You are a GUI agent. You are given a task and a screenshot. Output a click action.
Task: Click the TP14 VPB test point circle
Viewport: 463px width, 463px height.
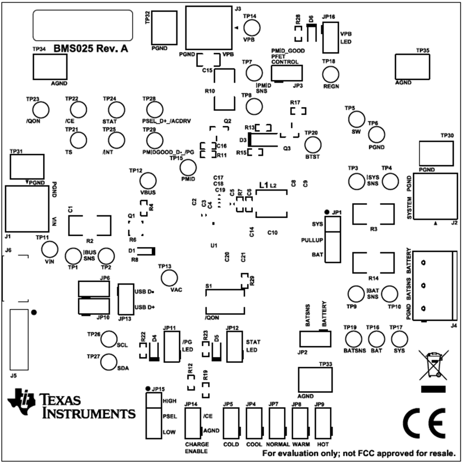252,28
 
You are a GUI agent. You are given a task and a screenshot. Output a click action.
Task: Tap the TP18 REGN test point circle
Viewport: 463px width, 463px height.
331,75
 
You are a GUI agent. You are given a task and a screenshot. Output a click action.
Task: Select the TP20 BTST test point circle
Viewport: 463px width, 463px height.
313,145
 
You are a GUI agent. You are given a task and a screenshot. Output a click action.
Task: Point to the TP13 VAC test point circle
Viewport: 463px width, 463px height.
168,278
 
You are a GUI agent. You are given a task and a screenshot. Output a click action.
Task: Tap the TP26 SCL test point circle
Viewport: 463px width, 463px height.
109,339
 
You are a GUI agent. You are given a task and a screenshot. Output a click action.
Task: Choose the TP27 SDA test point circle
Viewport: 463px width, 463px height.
109,362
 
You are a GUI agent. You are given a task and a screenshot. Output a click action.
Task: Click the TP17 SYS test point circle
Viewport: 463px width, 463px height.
399,339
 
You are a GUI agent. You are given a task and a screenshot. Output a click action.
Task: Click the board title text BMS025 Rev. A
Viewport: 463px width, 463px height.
91,49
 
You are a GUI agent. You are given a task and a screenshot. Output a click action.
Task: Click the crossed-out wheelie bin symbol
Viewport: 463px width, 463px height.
433,364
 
